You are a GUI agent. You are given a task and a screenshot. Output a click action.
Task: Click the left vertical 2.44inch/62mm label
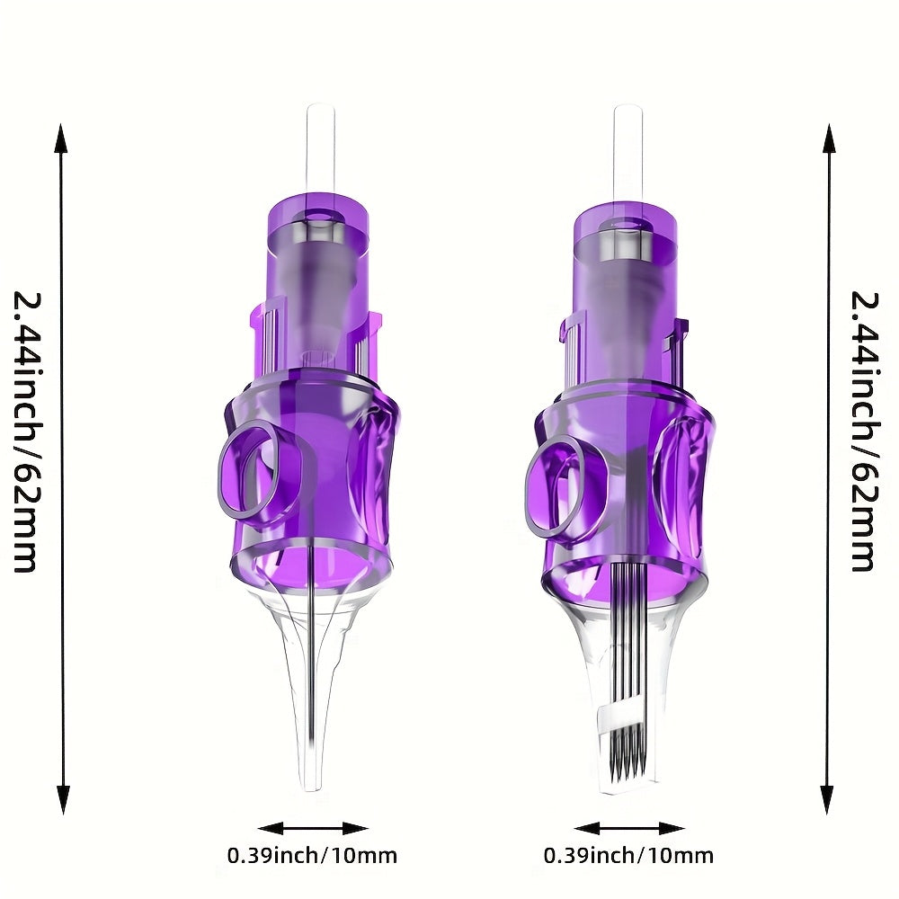pyautogui.click(x=27, y=432)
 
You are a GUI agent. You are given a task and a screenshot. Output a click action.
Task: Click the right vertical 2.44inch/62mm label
pyautogui.click(x=864, y=432)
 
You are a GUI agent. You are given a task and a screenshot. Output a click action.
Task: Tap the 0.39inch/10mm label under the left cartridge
pyautogui.click(x=313, y=856)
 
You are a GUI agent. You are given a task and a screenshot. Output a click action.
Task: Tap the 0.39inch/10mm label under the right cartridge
pyautogui.click(x=629, y=856)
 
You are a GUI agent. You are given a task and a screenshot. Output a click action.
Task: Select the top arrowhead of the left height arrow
pyautogui.click(x=62, y=138)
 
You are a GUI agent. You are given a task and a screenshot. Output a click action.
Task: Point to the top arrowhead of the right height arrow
pyautogui.click(x=828, y=138)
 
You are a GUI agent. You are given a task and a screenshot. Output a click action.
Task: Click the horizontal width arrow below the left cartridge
pyautogui.click(x=313, y=829)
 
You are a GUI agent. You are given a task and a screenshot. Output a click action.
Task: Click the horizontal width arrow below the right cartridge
pyautogui.click(x=629, y=829)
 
